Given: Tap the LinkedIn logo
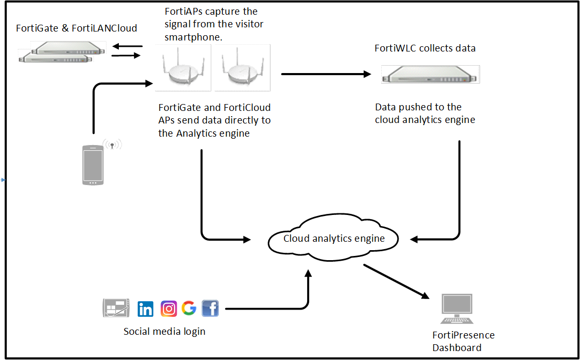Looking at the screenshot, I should tap(145, 309).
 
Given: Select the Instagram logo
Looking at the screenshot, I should tap(168, 309).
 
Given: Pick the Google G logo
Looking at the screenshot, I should tap(189, 308).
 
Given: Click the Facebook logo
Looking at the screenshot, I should tap(210, 308).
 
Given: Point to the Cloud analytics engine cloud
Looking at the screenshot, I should tap(334, 239).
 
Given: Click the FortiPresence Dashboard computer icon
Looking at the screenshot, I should tap(456, 310).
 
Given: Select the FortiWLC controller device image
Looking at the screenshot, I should tap(431, 74).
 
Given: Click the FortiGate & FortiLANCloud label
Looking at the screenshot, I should tap(76, 28).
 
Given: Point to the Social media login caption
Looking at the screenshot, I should tap(164, 332).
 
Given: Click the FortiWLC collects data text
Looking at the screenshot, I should tap(425, 48).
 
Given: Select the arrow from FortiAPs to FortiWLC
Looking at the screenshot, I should tap(326, 74).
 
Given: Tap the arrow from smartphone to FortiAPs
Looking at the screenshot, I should tap(94, 105).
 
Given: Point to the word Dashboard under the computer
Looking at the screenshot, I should tap(456, 347).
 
